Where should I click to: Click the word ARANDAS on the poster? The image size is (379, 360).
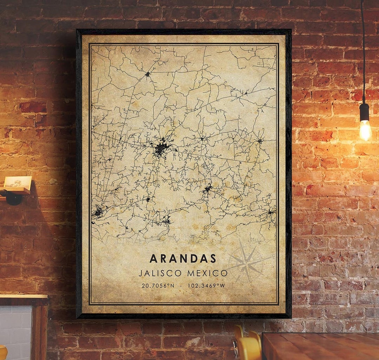point(183,258)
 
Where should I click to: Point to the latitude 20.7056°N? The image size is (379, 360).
point(158,286)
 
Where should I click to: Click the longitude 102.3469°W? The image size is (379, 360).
point(206,286)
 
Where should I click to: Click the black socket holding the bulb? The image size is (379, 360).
point(365,112)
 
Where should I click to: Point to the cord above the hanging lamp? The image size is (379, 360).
point(363,53)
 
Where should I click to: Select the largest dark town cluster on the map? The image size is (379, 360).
point(161,148)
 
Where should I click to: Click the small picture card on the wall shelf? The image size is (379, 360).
point(18,182)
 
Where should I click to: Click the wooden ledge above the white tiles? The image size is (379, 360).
point(23,297)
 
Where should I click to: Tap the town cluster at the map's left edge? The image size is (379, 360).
point(98,211)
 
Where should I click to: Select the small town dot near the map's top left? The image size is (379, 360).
point(147,74)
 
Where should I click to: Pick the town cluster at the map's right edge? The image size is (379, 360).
point(271,212)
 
